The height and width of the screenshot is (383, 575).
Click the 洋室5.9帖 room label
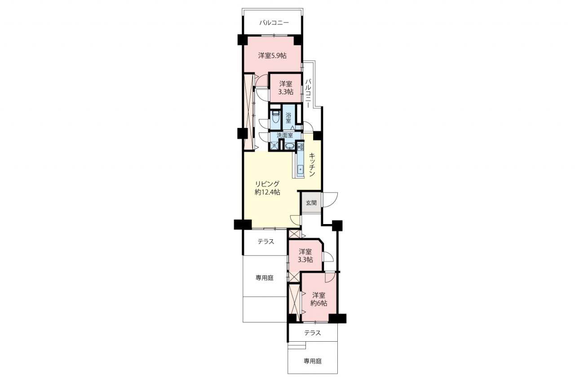coord(272,55)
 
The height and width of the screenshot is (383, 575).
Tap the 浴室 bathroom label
coord(288,117)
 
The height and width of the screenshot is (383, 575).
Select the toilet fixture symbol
coord(276,117)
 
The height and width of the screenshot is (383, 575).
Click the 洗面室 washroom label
coord(285,135)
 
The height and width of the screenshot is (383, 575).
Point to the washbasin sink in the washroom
coord(290,146)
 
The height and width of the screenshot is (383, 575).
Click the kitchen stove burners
coord(300,147)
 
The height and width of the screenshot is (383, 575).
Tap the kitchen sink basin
coord(300,169)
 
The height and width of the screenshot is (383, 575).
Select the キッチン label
coord(312,164)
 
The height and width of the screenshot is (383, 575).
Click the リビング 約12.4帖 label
coord(267,188)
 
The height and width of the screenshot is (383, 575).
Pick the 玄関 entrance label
coord(311,203)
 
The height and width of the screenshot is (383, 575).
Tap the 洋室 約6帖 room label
coord(319,299)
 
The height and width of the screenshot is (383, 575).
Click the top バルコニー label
coord(274,23)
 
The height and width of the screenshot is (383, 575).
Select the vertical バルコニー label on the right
coord(308,93)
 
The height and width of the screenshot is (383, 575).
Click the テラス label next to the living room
coord(266,242)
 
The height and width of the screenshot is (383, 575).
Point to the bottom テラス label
coord(313,333)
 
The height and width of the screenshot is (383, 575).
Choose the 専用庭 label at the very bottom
coord(313,361)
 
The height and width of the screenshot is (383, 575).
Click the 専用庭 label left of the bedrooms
coord(265,278)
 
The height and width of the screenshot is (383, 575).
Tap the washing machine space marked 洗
coord(274,145)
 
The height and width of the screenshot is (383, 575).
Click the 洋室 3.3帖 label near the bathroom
coord(286,88)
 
